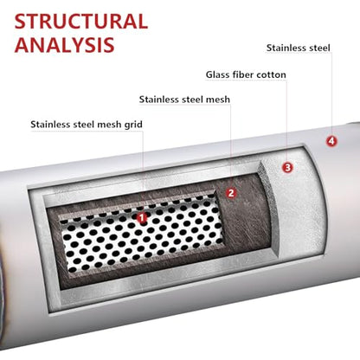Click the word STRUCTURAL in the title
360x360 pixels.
(x=81, y=22)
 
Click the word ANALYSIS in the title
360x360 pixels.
(x=65, y=45)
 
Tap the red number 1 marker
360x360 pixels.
(x=142, y=218)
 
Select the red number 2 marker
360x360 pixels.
(x=231, y=193)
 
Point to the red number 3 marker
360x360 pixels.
(x=287, y=167)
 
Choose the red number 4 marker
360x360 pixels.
(x=331, y=141)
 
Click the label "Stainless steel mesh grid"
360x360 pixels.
(x=87, y=125)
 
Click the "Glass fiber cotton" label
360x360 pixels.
(x=246, y=74)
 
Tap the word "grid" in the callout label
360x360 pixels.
(x=133, y=125)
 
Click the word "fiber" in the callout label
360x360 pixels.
(x=243, y=74)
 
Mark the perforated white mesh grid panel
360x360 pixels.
(x=141, y=234)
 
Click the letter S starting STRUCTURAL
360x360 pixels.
(x=21, y=22)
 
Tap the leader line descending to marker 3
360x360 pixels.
(x=286, y=121)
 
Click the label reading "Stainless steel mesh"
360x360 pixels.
(x=184, y=100)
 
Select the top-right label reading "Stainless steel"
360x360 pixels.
(x=299, y=48)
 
